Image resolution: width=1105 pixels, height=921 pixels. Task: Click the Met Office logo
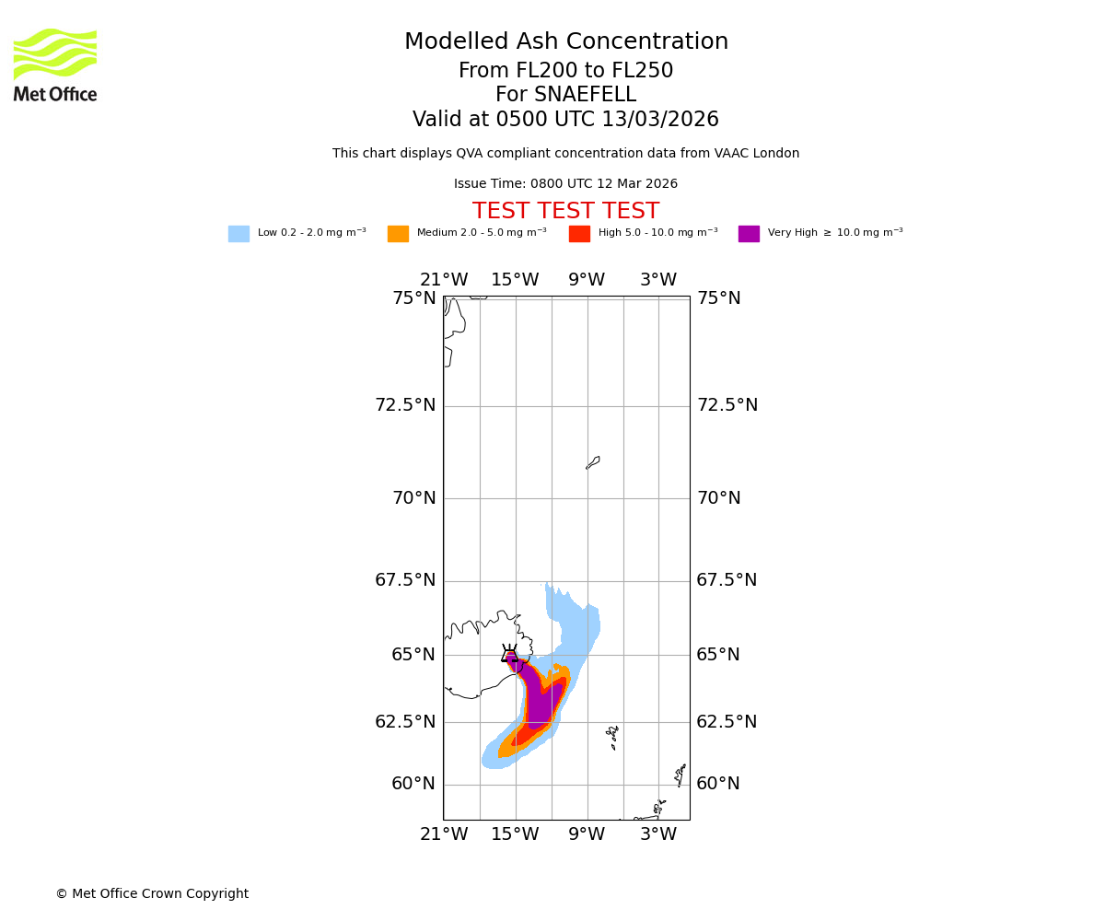[55, 64]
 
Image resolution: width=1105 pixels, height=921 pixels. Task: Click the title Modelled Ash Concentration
[565, 42]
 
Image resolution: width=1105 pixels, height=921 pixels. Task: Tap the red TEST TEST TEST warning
[565, 212]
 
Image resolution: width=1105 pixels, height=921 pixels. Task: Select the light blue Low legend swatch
[238, 234]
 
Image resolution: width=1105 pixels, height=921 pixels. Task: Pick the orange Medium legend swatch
[398, 234]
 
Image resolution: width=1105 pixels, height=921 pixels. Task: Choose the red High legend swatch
[579, 234]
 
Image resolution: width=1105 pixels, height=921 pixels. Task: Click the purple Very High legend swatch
[749, 234]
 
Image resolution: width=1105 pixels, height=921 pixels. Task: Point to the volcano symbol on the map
[509, 654]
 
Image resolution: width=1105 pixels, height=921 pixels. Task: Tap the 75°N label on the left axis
[414, 298]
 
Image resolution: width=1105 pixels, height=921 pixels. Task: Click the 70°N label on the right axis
[718, 498]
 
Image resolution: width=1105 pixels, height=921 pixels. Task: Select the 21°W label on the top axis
[444, 280]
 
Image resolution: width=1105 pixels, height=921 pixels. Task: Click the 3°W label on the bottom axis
[658, 834]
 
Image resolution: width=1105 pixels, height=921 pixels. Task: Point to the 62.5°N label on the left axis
[405, 722]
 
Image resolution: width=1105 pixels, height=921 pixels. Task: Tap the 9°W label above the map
[587, 280]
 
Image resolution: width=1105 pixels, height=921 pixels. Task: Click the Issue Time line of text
[565, 184]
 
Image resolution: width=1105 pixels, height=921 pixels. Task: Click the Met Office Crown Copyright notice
[152, 894]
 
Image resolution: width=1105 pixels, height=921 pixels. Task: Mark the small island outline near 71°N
[593, 462]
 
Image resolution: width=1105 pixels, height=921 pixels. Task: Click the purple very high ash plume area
[538, 700]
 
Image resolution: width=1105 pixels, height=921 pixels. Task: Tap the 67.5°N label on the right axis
[727, 580]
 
